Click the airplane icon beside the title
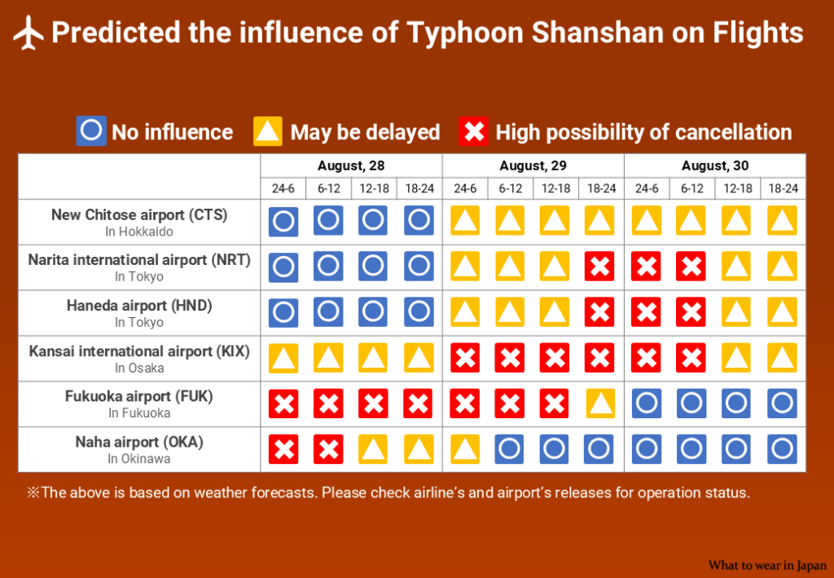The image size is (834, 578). (29, 33)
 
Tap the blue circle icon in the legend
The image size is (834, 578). (91, 130)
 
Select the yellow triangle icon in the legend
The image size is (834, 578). (268, 130)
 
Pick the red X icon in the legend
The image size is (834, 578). (473, 130)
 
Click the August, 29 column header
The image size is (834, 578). (533, 165)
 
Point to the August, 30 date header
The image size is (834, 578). (715, 165)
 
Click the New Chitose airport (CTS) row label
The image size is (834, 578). (139, 214)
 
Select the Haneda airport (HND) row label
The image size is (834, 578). (139, 306)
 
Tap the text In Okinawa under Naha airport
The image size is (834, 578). (139, 459)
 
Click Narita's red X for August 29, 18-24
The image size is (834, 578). (599, 266)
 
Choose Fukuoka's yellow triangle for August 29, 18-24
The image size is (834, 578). (601, 404)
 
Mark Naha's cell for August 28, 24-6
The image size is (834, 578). (283, 449)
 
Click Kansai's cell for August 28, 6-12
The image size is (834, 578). (328, 358)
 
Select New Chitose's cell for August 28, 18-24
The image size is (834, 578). (419, 220)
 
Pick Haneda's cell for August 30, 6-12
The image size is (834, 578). (691, 312)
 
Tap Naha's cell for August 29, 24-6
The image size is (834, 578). (465, 449)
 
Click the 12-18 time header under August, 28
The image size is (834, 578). (374, 188)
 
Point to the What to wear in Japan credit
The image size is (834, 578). (767, 565)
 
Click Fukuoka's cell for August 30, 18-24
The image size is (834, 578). (783, 404)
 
